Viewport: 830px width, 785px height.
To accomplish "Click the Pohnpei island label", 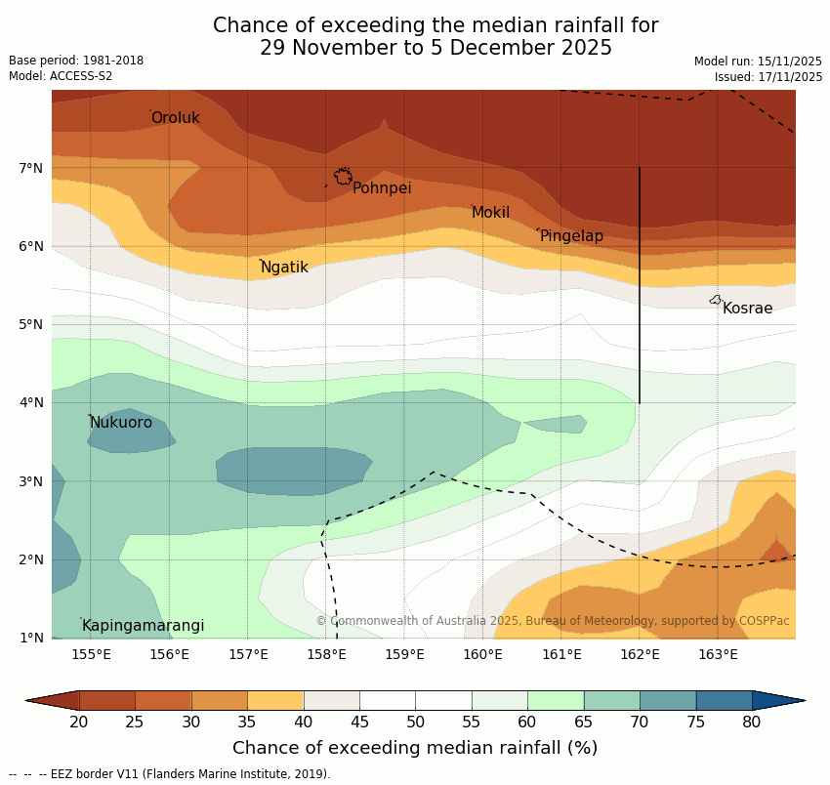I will tap(381, 188).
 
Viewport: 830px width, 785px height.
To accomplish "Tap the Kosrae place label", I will tap(747, 309).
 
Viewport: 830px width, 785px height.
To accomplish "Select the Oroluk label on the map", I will tap(175, 118).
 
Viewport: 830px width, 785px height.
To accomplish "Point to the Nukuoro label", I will tap(121, 423).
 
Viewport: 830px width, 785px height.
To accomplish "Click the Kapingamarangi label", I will tap(143, 626).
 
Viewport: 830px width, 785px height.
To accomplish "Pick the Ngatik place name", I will tap(284, 268).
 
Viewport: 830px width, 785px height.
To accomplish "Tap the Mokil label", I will tap(490, 213).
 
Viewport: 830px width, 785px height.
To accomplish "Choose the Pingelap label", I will tap(571, 236).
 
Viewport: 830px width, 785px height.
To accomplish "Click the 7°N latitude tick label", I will tap(31, 168).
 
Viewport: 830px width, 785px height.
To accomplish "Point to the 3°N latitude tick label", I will tap(31, 481).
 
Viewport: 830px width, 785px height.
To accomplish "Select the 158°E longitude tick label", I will tap(326, 654).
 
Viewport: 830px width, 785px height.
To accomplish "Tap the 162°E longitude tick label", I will tap(640, 654).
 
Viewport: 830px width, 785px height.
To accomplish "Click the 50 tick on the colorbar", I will tap(415, 723).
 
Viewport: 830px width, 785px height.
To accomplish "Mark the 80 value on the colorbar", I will tap(751, 723).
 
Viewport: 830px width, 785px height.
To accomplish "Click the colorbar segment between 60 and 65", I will tap(556, 700).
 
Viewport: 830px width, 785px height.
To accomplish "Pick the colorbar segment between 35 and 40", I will tap(275, 700).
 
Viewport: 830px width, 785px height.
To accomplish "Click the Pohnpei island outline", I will tap(343, 177).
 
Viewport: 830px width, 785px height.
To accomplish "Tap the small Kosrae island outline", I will tap(716, 300).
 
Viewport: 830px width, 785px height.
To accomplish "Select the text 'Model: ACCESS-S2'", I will tap(61, 76).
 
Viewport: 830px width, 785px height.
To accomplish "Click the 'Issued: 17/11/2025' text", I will tap(768, 76).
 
